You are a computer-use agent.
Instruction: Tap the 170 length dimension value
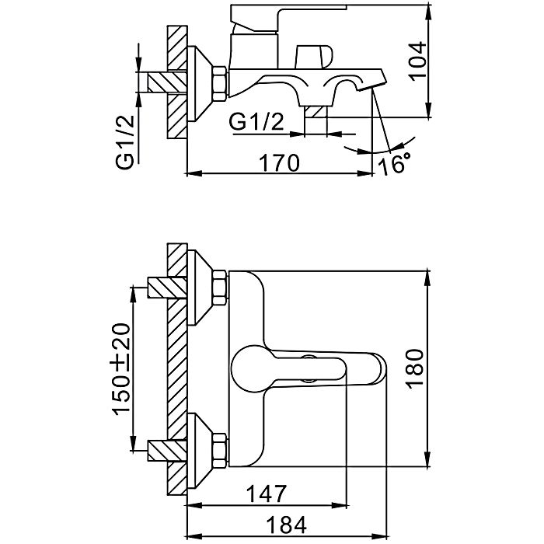click(280, 163)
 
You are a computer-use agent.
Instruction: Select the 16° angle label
click(396, 164)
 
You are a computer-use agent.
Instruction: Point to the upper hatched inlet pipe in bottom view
click(165, 288)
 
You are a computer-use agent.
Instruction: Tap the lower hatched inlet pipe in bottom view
click(165, 452)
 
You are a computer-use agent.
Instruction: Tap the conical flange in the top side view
click(202, 81)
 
